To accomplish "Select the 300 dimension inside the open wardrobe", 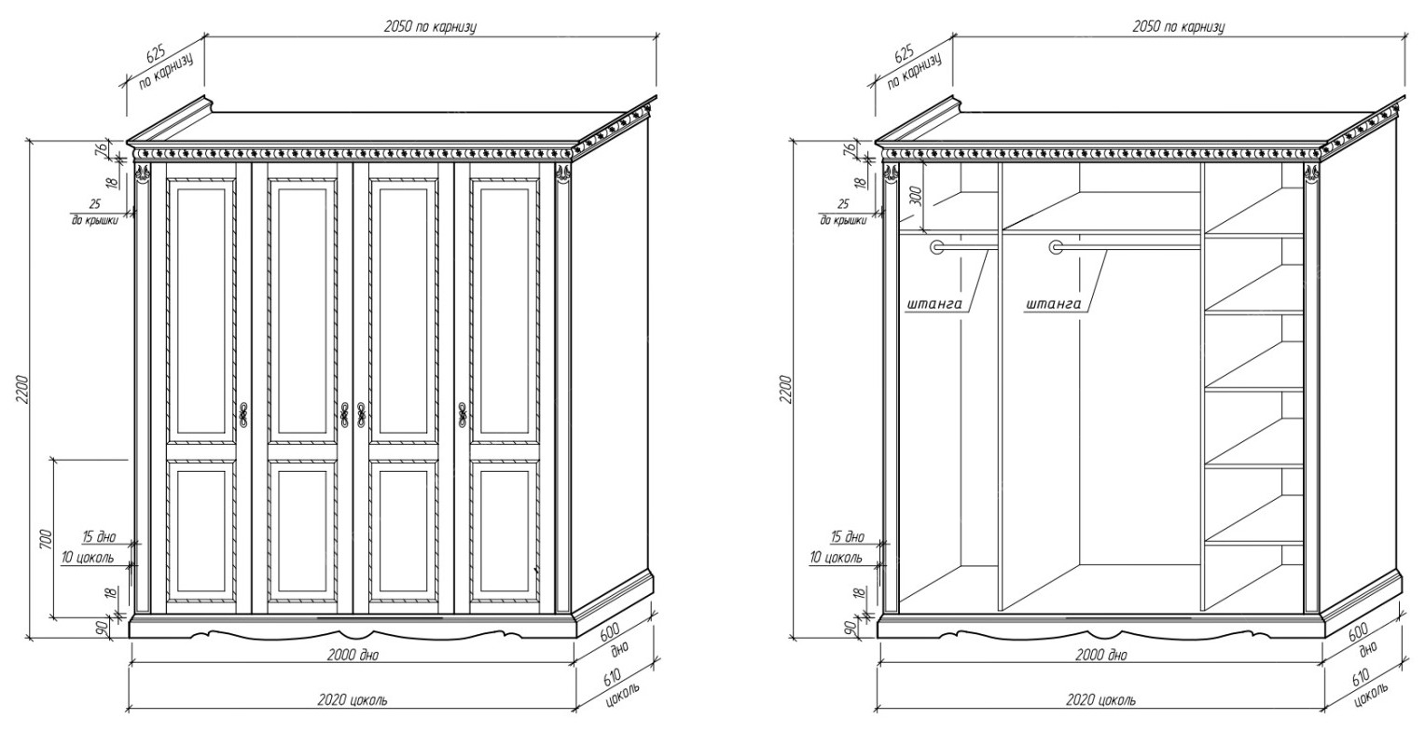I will [915, 195].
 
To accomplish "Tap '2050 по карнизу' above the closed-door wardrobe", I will [430, 27].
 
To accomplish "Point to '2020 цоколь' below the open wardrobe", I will [1101, 699].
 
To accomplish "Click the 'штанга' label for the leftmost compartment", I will [934, 304].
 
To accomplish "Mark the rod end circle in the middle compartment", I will [1056, 247].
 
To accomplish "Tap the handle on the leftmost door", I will [243, 415].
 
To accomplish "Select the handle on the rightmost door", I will [461, 415].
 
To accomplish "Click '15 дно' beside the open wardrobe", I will [847, 538].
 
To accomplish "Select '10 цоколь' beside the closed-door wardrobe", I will [89, 558].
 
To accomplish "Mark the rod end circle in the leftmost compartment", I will [936, 247].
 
